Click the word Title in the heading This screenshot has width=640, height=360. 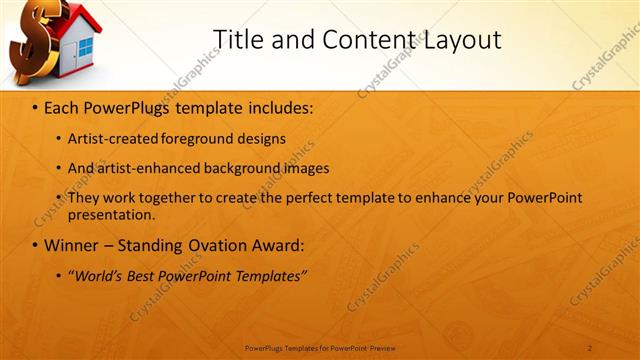238,39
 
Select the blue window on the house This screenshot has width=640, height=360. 85,46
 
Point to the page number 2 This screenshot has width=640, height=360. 590,347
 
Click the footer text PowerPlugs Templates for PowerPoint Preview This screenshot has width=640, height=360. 320,347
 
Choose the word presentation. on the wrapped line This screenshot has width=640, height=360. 111,214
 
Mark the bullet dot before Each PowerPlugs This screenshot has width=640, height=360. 35,107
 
